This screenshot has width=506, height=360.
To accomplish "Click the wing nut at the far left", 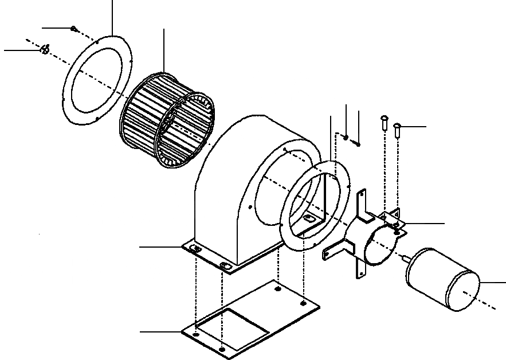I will [44, 50].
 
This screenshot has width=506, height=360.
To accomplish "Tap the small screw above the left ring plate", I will [73, 28].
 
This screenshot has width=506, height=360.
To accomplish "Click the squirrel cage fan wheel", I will [166, 123].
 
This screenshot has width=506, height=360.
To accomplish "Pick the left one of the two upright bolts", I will [384, 122].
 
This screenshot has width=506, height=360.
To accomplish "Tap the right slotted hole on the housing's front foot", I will [224, 266].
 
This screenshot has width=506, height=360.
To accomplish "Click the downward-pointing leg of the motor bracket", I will [360, 269].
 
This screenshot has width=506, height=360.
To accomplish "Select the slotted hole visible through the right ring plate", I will [309, 219].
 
